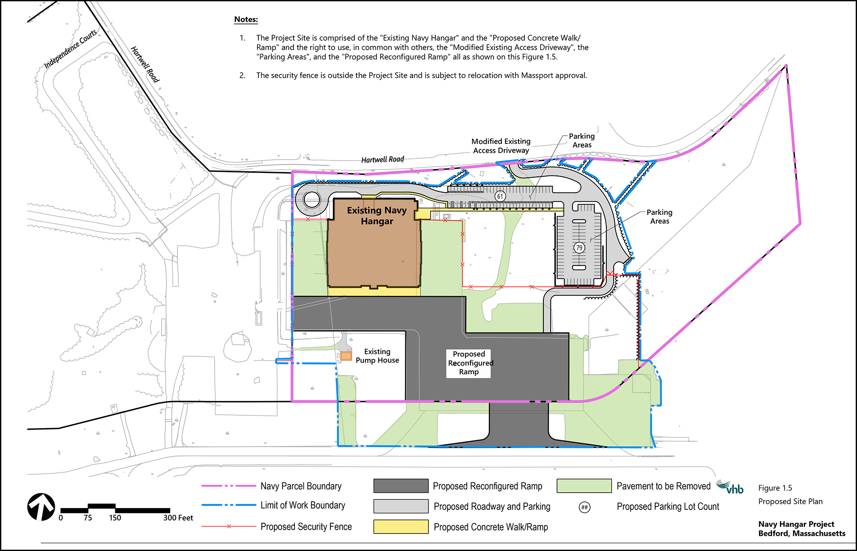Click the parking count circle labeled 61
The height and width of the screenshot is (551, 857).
[x=500, y=197]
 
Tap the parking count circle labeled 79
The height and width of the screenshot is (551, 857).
[x=579, y=247]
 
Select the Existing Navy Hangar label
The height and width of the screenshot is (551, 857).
[x=377, y=216]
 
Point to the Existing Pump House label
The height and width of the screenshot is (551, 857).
[x=377, y=356]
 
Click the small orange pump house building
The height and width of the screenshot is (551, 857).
[x=346, y=355]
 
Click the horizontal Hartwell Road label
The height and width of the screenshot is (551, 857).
[x=383, y=160]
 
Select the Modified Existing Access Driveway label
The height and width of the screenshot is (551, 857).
[x=501, y=146]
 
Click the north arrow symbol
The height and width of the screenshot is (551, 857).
[x=41, y=507]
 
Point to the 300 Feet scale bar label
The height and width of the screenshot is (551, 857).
[x=178, y=518]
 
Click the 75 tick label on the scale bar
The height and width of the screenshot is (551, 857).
[x=88, y=518]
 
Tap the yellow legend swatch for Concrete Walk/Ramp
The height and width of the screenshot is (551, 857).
[x=401, y=527]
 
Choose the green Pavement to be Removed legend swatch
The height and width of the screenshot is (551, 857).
[x=584, y=486]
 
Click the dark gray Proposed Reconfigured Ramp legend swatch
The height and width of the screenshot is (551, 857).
[x=401, y=486]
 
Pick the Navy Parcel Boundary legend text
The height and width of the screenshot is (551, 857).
[x=301, y=486]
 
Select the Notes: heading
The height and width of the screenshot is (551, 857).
[x=246, y=19]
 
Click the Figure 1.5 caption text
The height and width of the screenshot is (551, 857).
[x=775, y=488]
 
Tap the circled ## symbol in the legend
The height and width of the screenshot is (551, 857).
[x=584, y=507]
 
